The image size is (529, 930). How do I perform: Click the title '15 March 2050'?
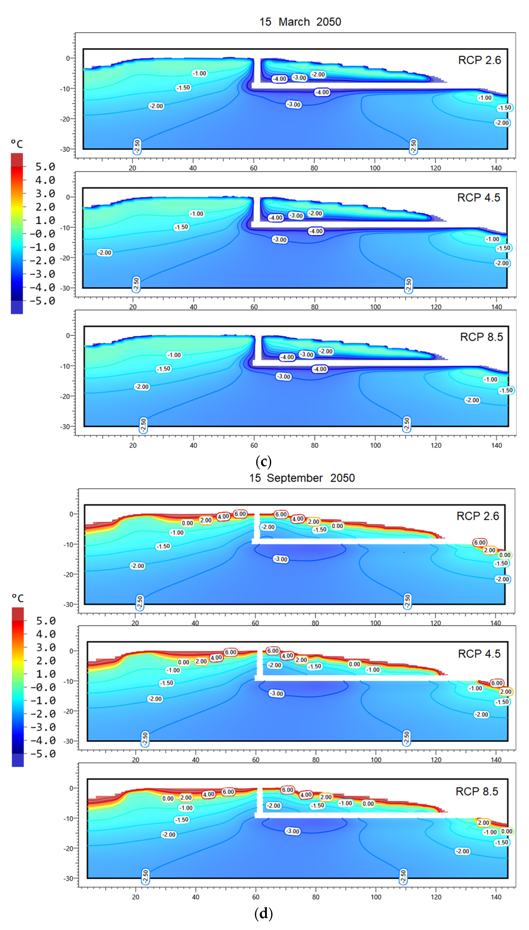[300, 22]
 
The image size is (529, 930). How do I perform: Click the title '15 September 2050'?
[301, 478]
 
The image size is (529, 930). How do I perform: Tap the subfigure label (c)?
[263, 462]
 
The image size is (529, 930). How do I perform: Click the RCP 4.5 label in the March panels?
[478, 198]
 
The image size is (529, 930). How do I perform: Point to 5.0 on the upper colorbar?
[45, 167]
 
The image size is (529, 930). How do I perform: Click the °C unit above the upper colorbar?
[17, 144]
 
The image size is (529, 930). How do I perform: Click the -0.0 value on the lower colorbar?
[43, 687]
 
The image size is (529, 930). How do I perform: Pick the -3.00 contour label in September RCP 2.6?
[281, 559]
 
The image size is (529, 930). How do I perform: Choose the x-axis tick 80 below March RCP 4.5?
[315, 307]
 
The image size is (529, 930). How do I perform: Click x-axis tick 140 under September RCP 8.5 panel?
[496, 897]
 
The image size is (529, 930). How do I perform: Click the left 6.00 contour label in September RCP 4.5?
[231, 652]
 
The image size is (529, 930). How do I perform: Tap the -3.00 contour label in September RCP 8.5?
[292, 831]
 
